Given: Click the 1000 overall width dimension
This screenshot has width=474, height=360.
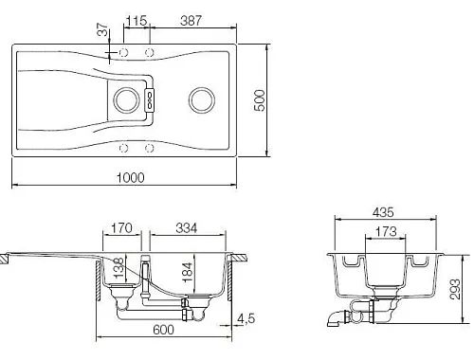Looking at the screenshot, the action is click(x=131, y=177).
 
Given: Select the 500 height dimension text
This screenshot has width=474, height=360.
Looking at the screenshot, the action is click(x=260, y=100).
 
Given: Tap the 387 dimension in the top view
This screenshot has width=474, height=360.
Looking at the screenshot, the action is click(x=191, y=21).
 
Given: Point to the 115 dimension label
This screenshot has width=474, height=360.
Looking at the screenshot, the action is click(x=137, y=21).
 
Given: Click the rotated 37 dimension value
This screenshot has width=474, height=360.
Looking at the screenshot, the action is click(x=102, y=29).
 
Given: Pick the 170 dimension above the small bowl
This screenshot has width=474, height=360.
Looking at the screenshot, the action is click(x=121, y=228).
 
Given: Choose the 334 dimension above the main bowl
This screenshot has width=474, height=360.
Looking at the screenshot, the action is click(x=187, y=228).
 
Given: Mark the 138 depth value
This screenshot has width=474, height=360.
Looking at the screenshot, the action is click(x=118, y=268).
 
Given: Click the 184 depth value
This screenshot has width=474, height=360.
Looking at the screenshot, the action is click(x=187, y=272).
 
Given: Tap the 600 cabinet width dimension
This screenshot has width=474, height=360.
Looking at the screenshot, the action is click(x=163, y=330).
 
